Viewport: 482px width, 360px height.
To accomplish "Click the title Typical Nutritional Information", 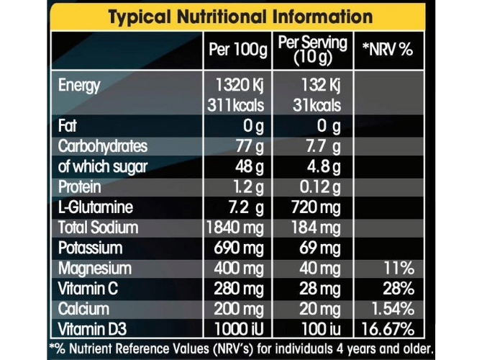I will point(240,17).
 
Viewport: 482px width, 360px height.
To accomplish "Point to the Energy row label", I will point(79,86).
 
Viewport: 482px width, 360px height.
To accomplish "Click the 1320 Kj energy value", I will point(235,86).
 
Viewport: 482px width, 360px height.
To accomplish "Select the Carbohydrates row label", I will point(102,146).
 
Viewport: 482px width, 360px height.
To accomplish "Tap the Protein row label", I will point(81,186).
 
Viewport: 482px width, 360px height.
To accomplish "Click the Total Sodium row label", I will point(99,228).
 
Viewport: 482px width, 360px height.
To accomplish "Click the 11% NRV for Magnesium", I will point(398,269).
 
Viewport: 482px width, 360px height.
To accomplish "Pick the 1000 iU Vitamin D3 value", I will point(236,330).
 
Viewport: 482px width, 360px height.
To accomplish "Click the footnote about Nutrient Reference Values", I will point(240,348).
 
